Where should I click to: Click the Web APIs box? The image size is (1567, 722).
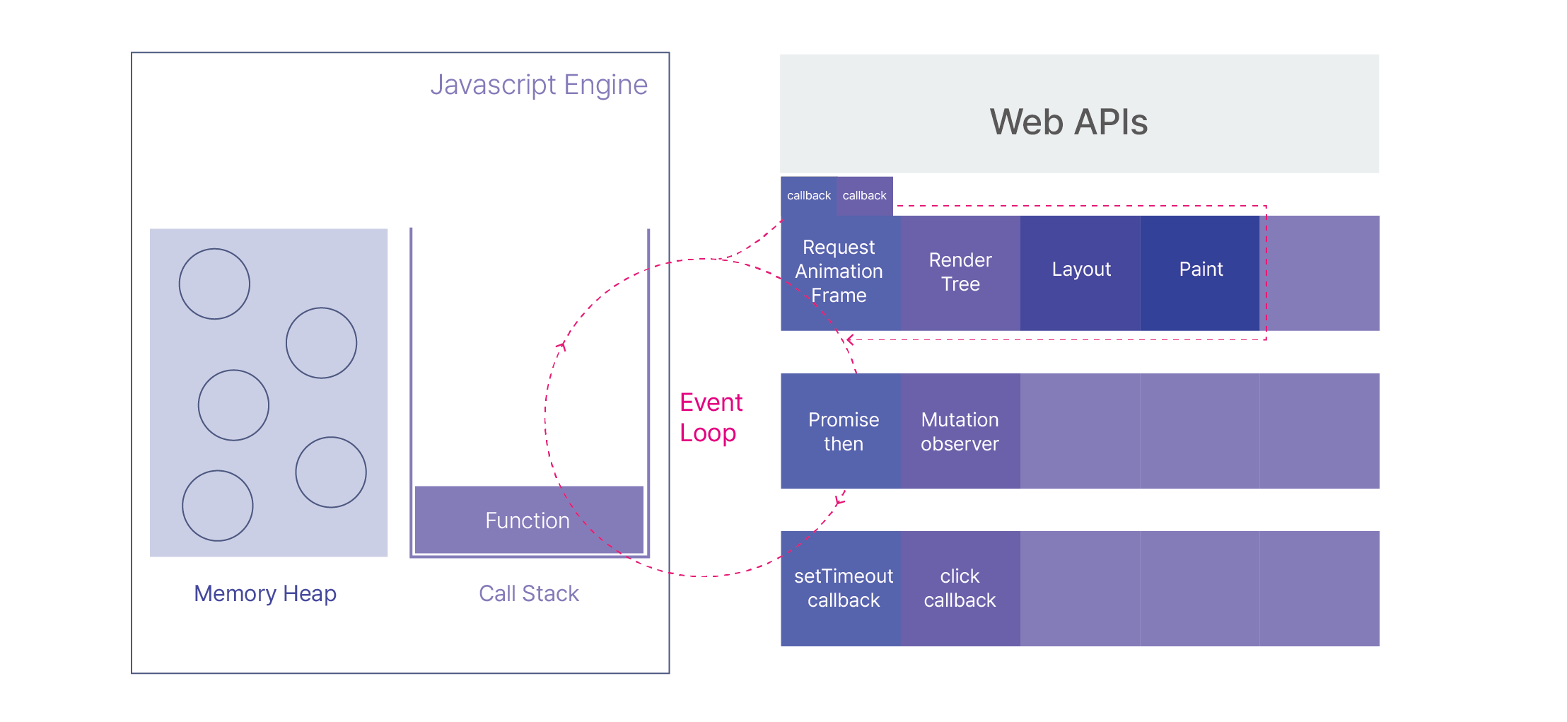click(1079, 115)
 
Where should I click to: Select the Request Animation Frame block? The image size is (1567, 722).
click(839, 272)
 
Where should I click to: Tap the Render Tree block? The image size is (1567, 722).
click(960, 272)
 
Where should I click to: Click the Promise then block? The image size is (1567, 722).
click(843, 431)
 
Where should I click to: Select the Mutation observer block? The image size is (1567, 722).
click(960, 431)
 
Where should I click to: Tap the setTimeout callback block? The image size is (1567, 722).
click(843, 588)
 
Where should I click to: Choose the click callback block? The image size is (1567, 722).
click(960, 588)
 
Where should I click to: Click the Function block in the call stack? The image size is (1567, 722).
click(528, 520)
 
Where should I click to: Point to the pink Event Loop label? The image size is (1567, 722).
click(710, 417)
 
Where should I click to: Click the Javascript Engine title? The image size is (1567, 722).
click(539, 85)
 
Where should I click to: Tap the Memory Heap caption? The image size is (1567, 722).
click(265, 593)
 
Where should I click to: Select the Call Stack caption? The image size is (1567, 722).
click(529, 593)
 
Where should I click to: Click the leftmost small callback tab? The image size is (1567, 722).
click(808, 196)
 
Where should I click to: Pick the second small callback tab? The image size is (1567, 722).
click(864, 196)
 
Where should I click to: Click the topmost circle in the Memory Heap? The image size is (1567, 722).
click(214, 284)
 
